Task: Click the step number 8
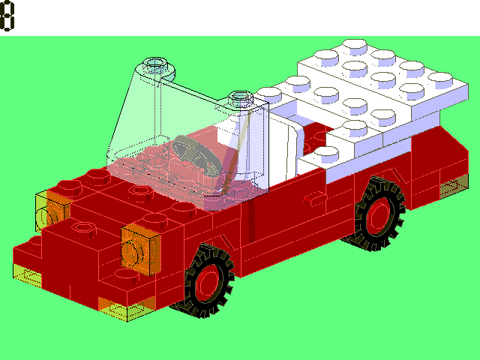[x=8, y=16]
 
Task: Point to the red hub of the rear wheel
[x=381, y=214]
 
